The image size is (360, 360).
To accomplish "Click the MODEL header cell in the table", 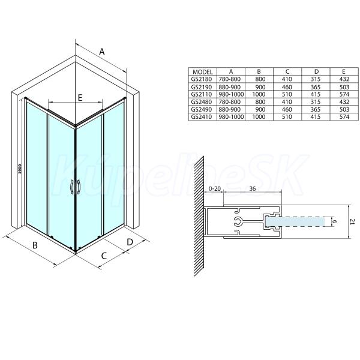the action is coord(203,71).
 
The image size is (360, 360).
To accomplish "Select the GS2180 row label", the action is coord(202,79).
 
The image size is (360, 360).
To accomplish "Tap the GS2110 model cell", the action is coord(202,94).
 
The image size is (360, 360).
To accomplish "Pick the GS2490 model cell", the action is coord(202,109).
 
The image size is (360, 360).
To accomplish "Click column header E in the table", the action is coord(344,71).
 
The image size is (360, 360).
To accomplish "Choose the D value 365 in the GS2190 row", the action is coord(315,87).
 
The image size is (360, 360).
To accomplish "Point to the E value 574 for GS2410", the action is coord(344,117).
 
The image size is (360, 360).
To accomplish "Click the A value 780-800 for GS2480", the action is coord(230,102).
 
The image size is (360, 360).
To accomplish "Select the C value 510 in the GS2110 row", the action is coord(287,94).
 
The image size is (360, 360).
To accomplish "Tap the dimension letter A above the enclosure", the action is coord(102,52).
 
